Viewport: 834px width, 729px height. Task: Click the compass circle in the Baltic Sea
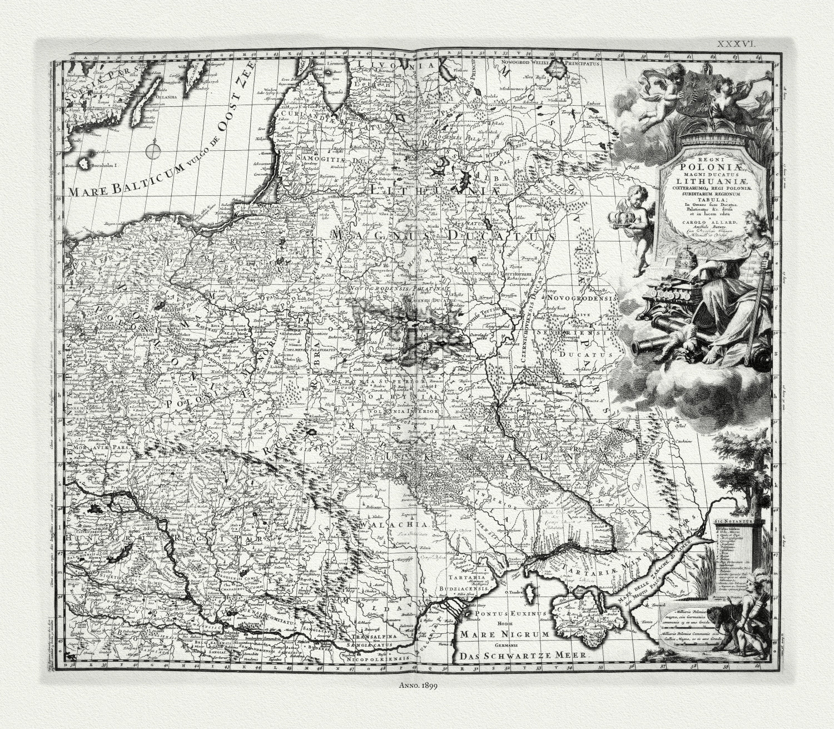pyautogui.click(x=152, y=150)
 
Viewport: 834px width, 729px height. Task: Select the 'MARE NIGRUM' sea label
pyautogui.click(x=503, y=634)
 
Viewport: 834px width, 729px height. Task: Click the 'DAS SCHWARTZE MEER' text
pyautogui.click(x=524, y=656)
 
